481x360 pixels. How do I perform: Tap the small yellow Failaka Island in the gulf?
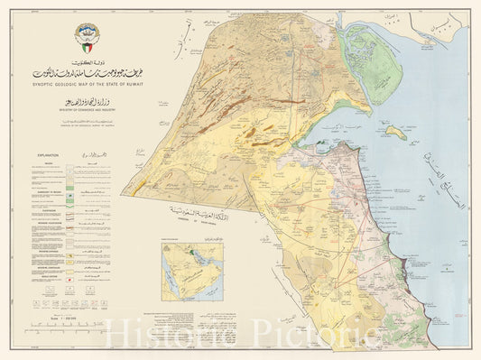coord(394,132)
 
